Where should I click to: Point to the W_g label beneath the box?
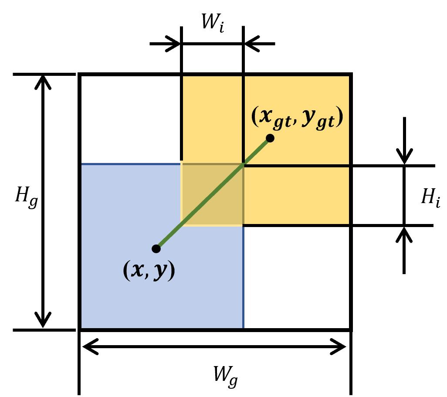coord(225,373)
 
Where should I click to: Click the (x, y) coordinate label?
coord(149,271)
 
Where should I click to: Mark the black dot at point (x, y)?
coord(156,249)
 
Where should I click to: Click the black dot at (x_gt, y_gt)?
coord(270,138)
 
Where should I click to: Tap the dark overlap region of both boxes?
coord(212,195)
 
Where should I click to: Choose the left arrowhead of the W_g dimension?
coord(89,347)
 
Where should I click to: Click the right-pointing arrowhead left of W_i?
coord(174,44)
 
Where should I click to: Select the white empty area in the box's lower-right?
coord(296,277)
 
